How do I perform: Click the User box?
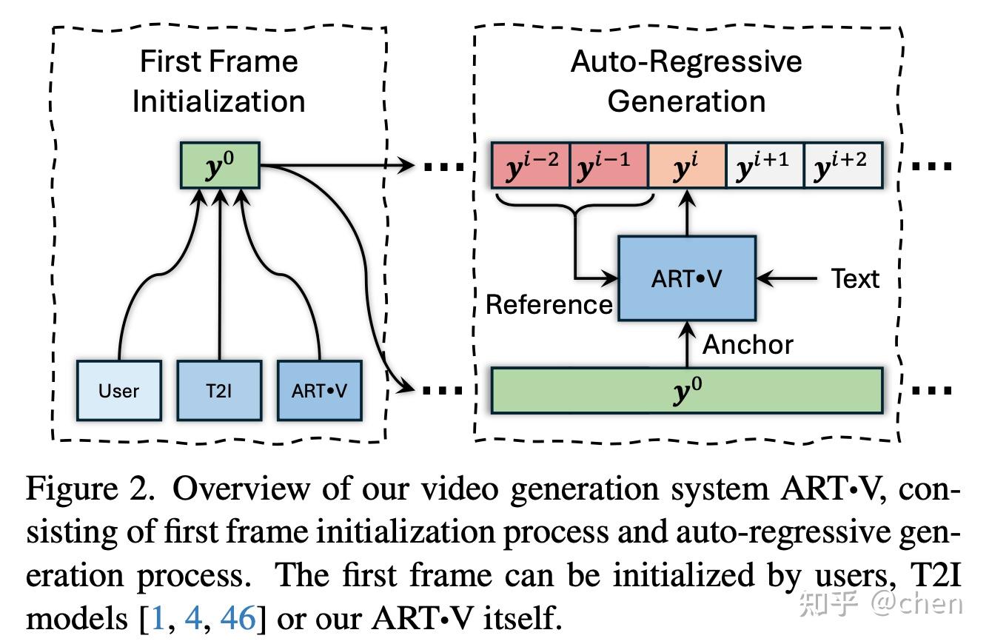[118, 390]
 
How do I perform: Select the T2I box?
[219, 390]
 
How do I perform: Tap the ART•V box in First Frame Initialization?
[319, 390]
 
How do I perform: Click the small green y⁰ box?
[220, 165]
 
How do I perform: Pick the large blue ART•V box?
[686, 278]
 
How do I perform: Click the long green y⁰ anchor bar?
[687, 390]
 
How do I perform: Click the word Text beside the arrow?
[855, 279]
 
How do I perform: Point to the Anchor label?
[748, 344]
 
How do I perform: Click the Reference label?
[549, 304]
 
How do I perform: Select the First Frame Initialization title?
[219, 81]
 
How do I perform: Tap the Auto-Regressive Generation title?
[686, 81]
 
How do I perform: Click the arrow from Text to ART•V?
[787, 279]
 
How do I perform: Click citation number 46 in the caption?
[238, 617]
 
